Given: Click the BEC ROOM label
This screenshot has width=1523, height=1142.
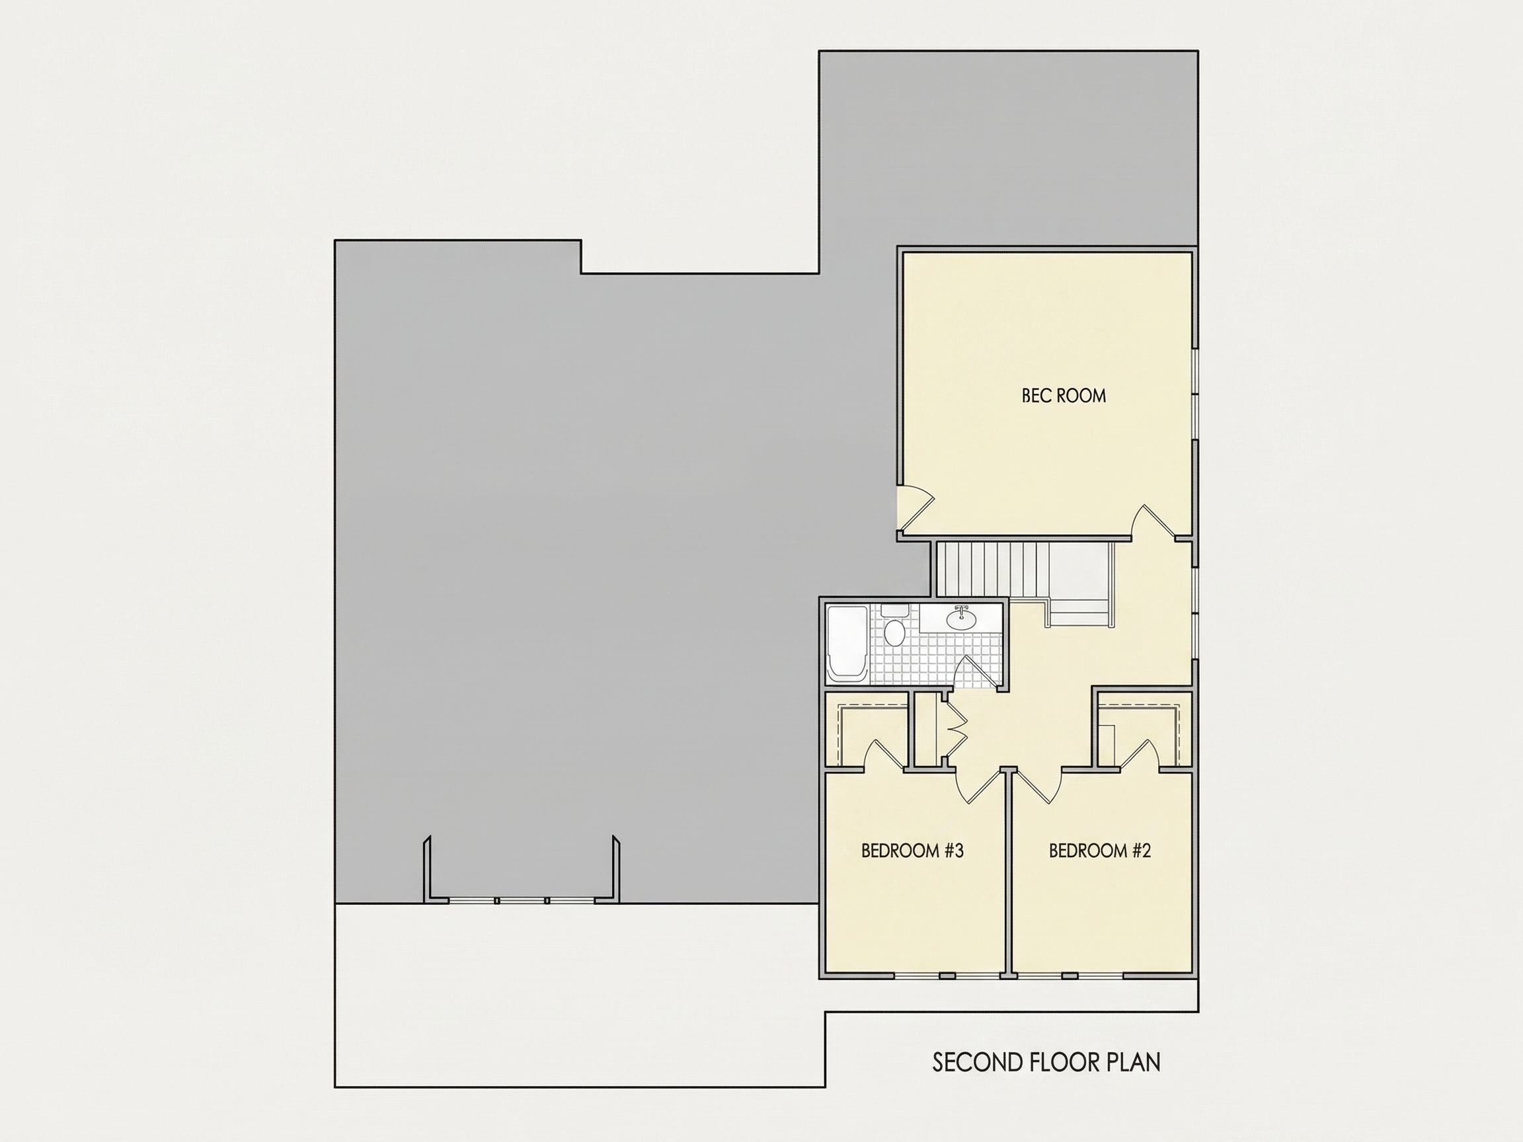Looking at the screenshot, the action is pos(1064,396).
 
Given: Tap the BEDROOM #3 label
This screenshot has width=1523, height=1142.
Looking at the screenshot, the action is pos(912,851).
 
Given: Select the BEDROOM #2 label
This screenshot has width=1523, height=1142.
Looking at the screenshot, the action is pos(1099,851).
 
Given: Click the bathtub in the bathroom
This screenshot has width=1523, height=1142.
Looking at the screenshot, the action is pos(847,644).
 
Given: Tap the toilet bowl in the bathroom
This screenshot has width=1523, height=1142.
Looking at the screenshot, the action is pos(894,632).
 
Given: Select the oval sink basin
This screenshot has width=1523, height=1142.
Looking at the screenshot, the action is pos(961,619).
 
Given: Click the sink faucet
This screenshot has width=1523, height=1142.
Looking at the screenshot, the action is pos(961,608).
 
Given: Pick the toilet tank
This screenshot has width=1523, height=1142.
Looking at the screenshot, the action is pos(895,611).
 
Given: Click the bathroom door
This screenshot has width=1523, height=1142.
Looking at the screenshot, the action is pos(976,671).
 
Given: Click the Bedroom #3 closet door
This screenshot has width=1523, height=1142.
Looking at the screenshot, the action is pos(886,755).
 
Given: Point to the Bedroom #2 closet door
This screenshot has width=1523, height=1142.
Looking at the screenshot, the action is pos(1140,755).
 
